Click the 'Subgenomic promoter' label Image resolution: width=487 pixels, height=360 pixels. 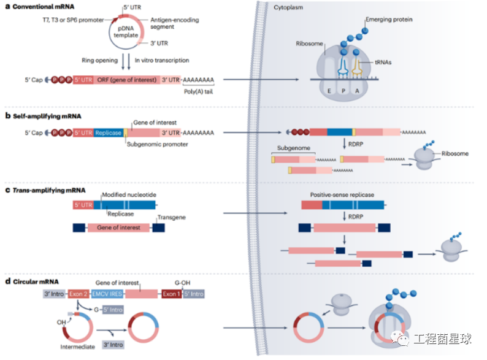(x=156, y=144)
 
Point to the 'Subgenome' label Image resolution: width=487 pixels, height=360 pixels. (x=293, y=148)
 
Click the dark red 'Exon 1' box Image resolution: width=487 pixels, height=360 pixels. (x=171, y=294)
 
